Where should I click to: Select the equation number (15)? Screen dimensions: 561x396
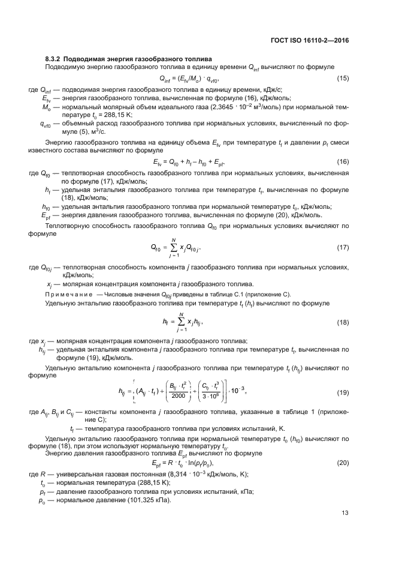343,79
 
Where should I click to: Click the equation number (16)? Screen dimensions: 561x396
343,162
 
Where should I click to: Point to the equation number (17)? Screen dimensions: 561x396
343,247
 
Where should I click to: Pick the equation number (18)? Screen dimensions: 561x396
343,323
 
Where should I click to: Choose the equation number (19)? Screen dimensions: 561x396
343,392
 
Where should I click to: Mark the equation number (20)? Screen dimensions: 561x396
343,463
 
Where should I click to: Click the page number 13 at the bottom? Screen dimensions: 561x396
345,512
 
